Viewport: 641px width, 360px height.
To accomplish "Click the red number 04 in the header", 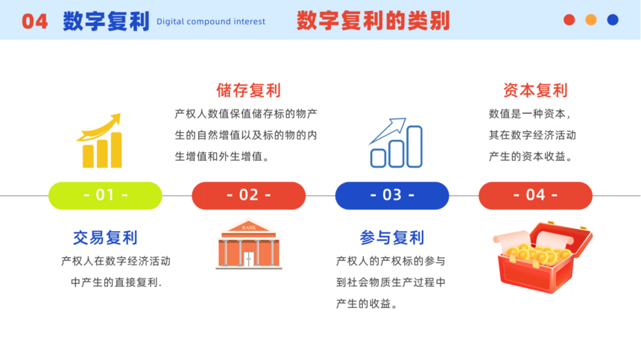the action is coord(35,22).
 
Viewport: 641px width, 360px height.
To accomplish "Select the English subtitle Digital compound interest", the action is coord(211,22).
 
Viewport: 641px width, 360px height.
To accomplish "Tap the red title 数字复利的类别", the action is coord(373,21).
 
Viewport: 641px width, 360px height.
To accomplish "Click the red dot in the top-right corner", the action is coord(569,19).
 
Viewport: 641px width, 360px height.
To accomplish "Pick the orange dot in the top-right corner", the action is coord(591,19).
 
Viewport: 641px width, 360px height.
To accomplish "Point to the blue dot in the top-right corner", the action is coord(613,19).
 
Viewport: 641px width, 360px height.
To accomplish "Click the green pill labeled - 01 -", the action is coord(106,195).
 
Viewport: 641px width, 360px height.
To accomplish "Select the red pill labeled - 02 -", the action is coord(248,195).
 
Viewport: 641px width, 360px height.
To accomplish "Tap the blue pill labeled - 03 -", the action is coord(392,195).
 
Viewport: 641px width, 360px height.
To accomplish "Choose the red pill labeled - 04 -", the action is coord(535,195).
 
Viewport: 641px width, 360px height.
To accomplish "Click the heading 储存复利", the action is coord(248,90).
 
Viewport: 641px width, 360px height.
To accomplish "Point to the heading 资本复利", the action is coord(535,90).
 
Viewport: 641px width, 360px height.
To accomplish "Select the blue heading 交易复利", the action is coord(105,238).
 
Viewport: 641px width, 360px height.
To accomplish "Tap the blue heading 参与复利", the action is coord(392,238).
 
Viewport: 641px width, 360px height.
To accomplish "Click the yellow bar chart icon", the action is coord(99,141).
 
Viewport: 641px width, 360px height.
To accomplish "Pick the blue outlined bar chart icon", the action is coord(396,143).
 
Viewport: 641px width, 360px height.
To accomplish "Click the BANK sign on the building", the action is coord(249,227).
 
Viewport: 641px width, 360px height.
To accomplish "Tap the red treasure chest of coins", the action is coord(543,256).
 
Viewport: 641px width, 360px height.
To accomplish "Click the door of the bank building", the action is coord(248,259).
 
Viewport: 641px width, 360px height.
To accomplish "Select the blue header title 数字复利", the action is coord(107,22).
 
